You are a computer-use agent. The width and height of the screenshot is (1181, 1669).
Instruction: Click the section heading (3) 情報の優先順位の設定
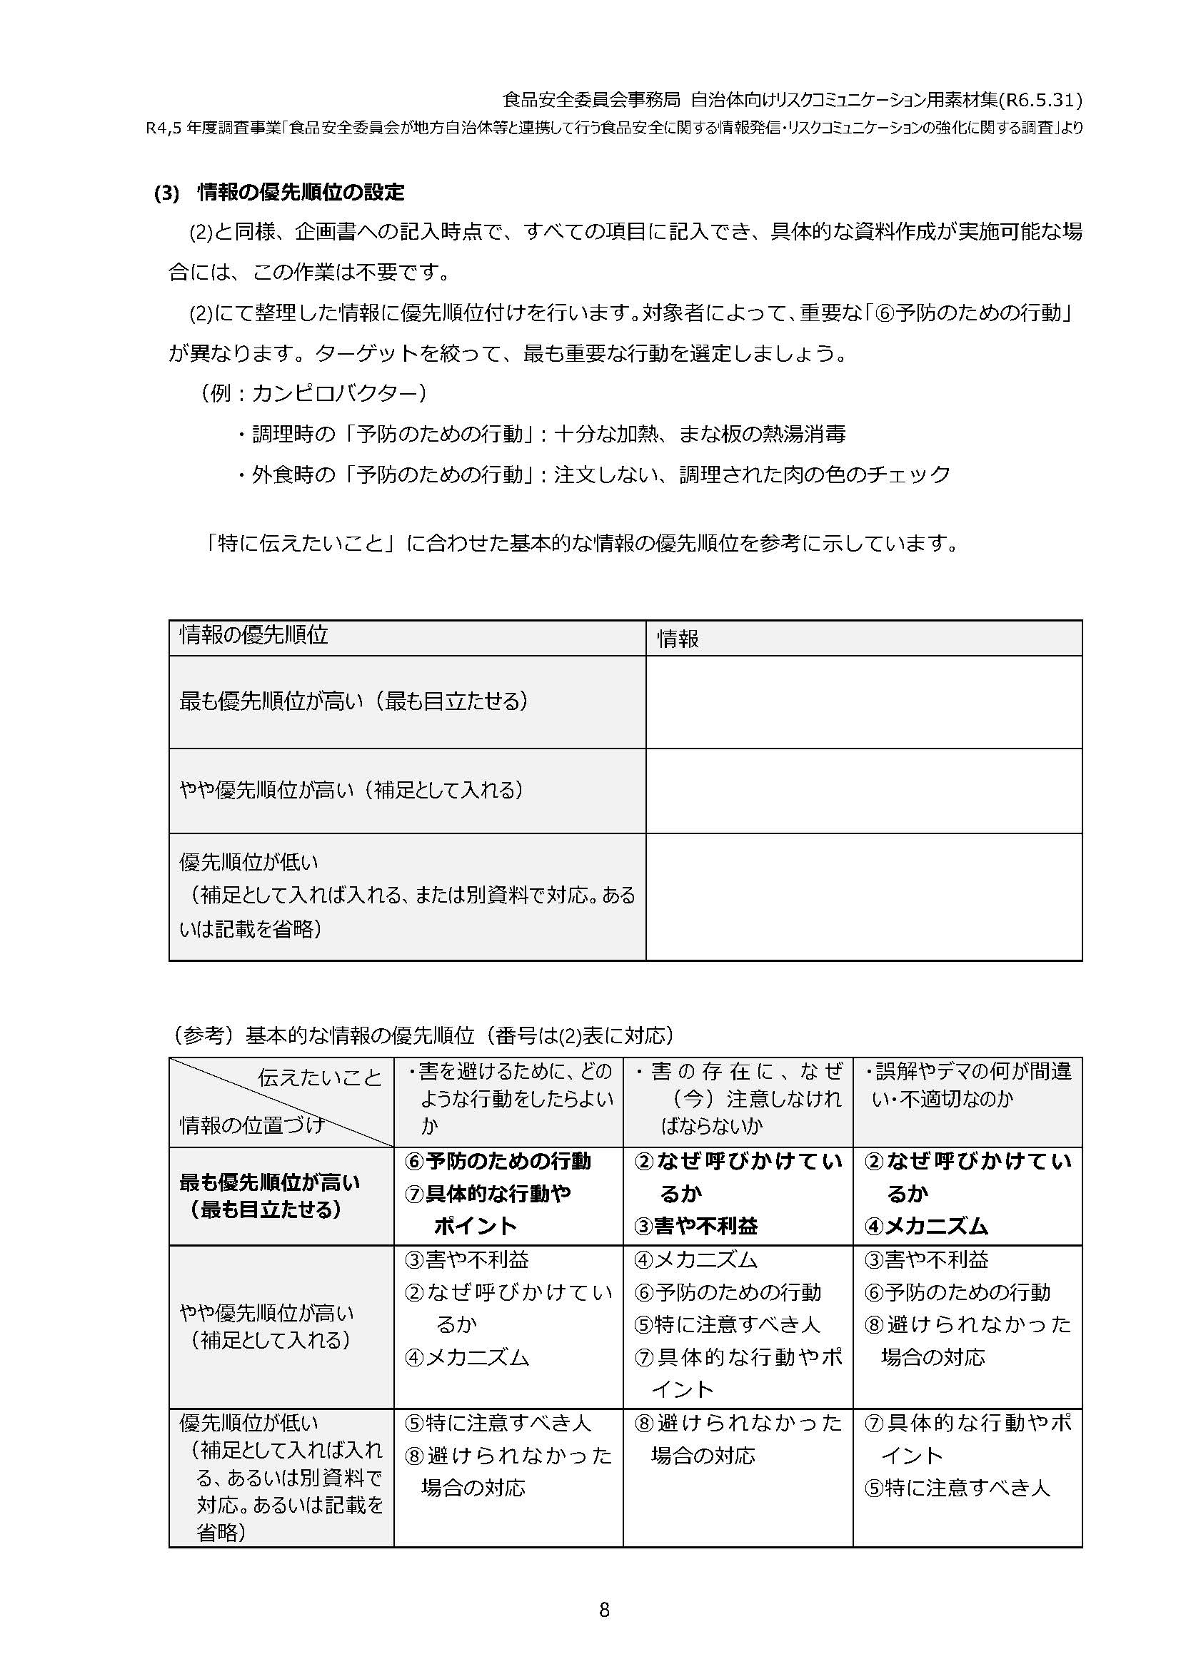279,193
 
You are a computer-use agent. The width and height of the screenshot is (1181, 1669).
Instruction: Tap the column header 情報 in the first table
678,639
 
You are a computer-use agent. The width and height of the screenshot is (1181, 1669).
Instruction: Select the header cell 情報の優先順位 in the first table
253,635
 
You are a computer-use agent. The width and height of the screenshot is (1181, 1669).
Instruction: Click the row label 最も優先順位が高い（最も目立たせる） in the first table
353,701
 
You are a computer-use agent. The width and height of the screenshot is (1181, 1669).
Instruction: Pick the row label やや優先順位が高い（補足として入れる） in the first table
351,790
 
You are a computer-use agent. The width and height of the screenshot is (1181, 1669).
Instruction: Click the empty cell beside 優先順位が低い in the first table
863,896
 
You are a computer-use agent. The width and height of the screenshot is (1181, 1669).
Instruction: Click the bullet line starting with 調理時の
541,435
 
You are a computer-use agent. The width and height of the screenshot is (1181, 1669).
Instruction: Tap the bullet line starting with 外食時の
593,475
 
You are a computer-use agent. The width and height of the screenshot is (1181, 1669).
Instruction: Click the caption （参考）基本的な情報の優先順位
422,1035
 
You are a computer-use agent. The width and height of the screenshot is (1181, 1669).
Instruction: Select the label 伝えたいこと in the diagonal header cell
319,1077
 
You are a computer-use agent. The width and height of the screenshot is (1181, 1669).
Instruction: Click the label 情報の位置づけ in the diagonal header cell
251,1125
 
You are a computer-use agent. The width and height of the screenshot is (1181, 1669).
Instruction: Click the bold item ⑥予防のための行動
498,1161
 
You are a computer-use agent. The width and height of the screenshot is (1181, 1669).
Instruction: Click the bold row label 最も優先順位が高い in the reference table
270,1182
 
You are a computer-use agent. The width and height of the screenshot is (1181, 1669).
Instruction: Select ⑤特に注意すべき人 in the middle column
727,1324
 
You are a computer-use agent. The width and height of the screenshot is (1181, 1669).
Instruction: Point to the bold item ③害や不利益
696,1227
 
